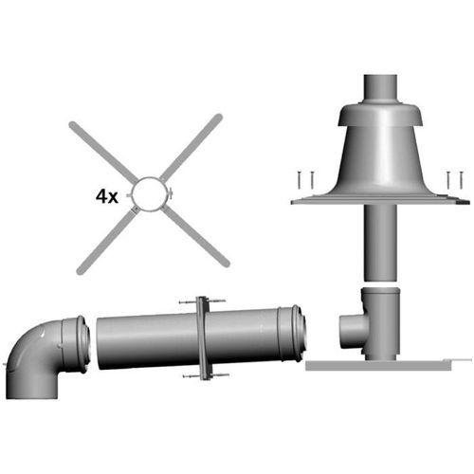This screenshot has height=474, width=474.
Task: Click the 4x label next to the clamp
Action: pyautogui.click(x=107, y=196)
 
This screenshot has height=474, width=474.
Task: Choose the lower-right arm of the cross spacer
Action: pyautogui.click(x=195, y=237)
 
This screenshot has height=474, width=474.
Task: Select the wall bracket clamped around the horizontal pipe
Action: pyautogui.click(x=203, y=338)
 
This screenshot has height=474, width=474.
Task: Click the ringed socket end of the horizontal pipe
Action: pyautogui.click(x=292, y=334)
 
